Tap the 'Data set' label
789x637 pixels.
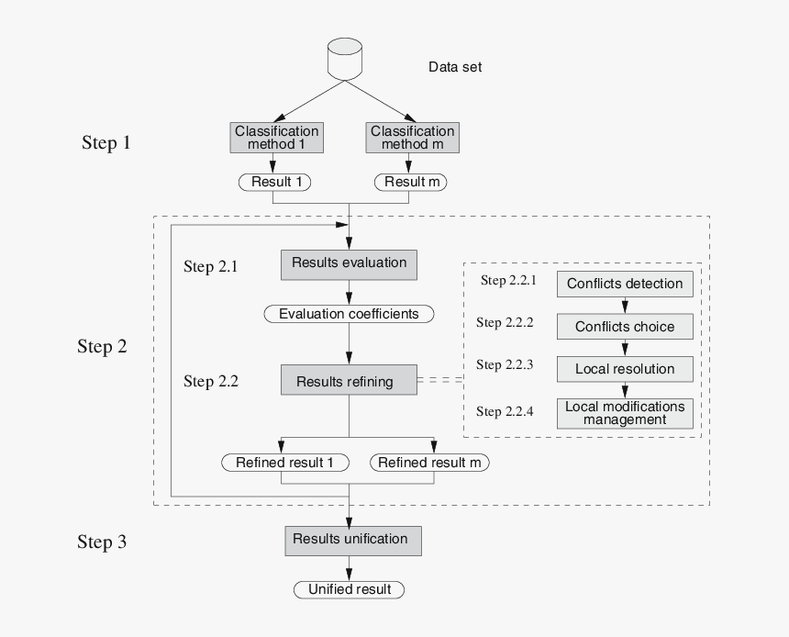pyautogui.click(x=455, y=67)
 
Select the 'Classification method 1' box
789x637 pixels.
pyautogui.click(x=276, y=138)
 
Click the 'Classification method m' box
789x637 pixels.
pyautogui.click(x=413, y=138)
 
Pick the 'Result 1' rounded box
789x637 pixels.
pyautogui.click(x=275, y=182)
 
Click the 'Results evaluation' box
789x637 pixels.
pyautogui.click(x=349, y=263)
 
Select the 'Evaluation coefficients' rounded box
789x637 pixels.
pyautogui.click(x=349, y=314)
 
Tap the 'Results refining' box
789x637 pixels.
pyautogui.click(x=349, y=380)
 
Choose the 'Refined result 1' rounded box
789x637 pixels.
pyautogui.click(x=285, y=463)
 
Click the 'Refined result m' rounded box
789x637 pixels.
pyautogui.click(x=429, y=463)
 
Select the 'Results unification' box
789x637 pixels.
pyautogui.click(x=352, y=540)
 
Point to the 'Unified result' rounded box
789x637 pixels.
pyautogui.click(x=349, y=589)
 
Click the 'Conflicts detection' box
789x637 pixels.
pyautogui.click(x=625, y=284)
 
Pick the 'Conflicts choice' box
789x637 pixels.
pyautogui.click(x=625, y=327)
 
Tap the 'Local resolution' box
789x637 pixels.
pyautogui.click(x=625, y=369)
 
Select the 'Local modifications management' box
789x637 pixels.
pyautogui.click(x=625, y=413)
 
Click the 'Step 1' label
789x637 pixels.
pyautogui.click(x=113, y=143)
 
